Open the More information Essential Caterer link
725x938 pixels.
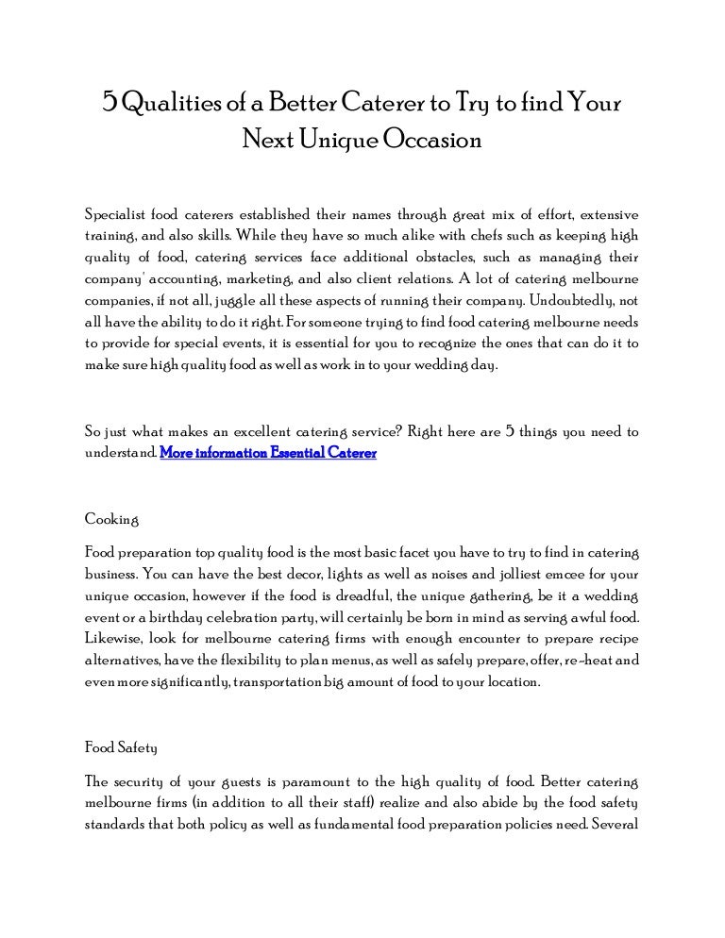tap(268, 453)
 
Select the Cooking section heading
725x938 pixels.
tap(112, 519)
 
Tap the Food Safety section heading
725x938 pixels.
tap(121, 747)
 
